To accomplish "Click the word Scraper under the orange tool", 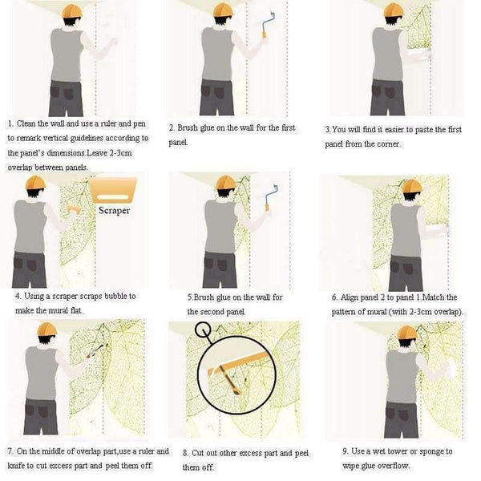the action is [x=114, y=210].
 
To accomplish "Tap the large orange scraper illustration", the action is [x=112, y=189].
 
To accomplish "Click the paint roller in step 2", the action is [x=268, y=24].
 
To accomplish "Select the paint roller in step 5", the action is [x=272, y=197].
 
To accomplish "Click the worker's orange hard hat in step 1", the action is [x=72, y=10].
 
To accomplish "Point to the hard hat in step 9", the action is [x=408, y=333].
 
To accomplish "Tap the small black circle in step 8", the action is [x=203, y=329].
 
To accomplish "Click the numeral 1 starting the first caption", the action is [x=10, y=123].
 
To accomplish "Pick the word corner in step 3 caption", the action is [x=388, y=143].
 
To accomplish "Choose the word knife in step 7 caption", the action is [x=16, y=465].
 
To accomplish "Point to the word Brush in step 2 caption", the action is [x=188, y=127].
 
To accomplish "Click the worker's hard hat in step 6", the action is [x=411, y=186].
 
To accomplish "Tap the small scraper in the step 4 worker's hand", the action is [x=74, y=210].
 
